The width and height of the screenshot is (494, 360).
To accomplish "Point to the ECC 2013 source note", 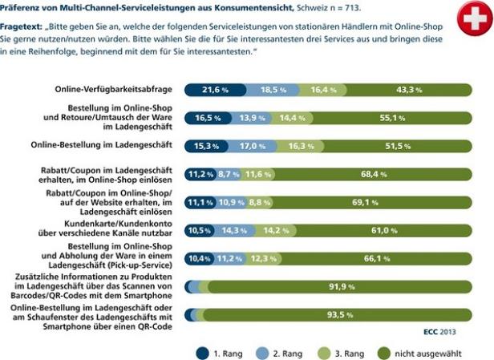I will point(439,330).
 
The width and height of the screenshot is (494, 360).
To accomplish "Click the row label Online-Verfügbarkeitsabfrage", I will point(115,89).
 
